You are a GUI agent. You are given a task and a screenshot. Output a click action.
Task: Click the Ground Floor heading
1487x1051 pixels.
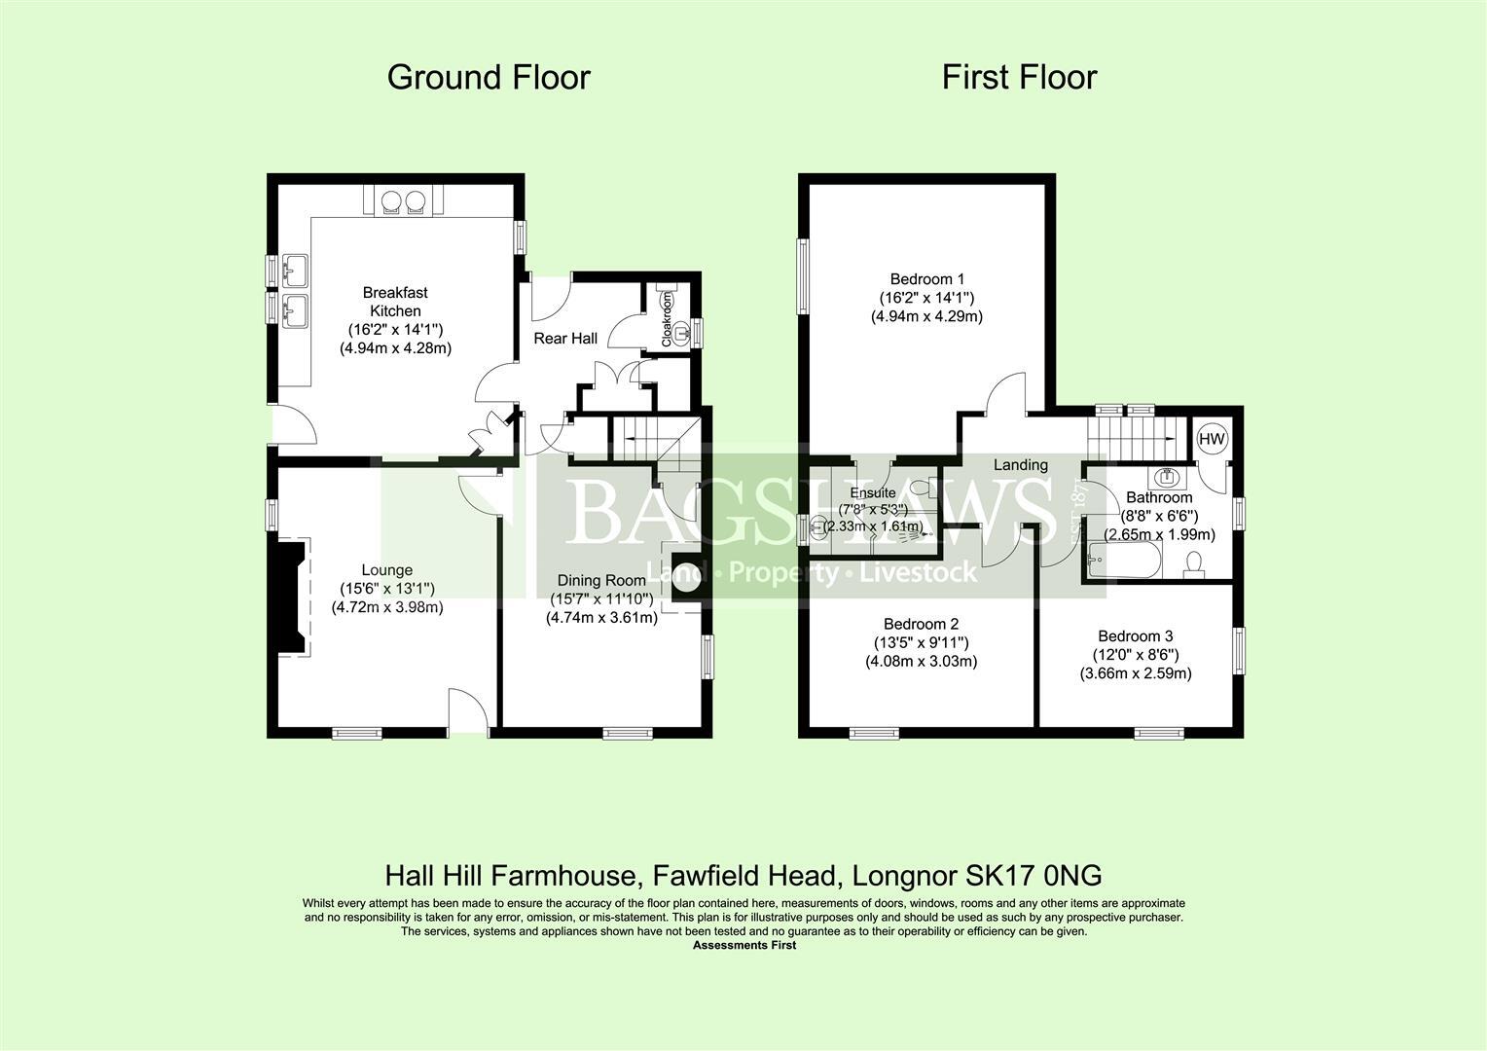click(x=489, y=77)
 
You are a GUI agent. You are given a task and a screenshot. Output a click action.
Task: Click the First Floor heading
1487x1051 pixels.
click(x=1019, y=77)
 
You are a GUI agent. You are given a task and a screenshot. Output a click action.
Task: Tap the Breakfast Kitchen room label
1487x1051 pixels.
click(x=395, y=302)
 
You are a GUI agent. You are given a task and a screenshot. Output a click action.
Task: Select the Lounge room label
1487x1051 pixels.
click(x=387, y=570)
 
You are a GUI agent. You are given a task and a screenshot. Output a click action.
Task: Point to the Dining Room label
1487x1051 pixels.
click(x=600, y=581)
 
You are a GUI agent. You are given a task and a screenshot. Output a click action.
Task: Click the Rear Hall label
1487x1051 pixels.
click(x=565, y=338)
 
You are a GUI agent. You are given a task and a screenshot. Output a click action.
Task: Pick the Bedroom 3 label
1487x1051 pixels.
click(x=1136, y=636)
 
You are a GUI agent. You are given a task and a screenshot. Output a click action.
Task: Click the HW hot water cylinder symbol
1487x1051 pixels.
click(x=1212, y=439)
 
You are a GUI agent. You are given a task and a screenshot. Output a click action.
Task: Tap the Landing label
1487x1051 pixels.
click(x=1020, y=465)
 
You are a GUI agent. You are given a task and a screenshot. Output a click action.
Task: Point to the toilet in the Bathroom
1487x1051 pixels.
click(x=1196, y=562)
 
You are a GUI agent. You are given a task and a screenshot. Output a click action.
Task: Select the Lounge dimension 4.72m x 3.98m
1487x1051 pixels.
click(x=387, y=607)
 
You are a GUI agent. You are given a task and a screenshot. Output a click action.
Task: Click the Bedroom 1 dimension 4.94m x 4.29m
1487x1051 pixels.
click(x=926, y=316)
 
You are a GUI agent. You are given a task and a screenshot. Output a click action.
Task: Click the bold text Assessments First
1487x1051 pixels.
click(x=743, y=945)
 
